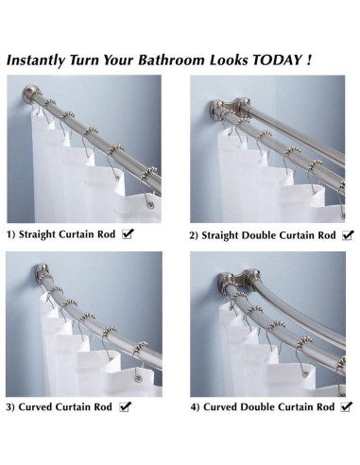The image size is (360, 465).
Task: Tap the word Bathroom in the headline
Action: tap(171, 60)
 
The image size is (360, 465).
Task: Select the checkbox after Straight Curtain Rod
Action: tap(128, 234)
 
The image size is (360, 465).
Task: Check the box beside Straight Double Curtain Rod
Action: tap(348, 235)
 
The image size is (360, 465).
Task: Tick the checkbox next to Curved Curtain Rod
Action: tap(125, 406)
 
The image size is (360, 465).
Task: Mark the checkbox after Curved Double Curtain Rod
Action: tap(346, 406)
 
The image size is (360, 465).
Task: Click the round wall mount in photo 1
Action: tap(30, 94)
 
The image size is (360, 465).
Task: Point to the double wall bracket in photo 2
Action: tap(230, 108)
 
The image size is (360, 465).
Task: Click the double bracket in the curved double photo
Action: tap(238, 279)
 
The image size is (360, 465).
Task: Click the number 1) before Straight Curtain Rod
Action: tap(11, 234)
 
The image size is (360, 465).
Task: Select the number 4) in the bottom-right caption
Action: tap(196, 407)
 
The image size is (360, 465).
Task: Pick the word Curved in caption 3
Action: tap(35, 407)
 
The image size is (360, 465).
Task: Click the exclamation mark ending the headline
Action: tap(308, 60)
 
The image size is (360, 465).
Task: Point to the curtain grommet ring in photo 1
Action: tap(150, 204)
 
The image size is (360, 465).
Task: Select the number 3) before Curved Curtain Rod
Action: tap(10, 407)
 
